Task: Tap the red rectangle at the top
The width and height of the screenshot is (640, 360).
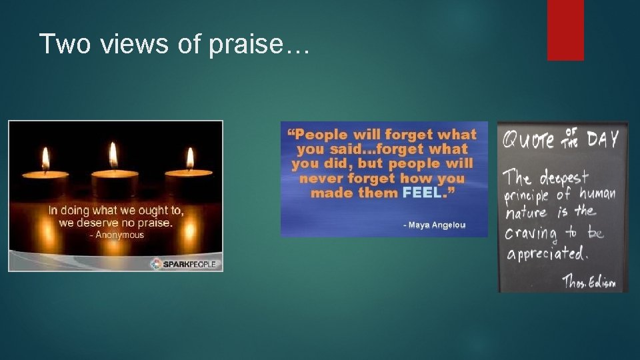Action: (565, 29)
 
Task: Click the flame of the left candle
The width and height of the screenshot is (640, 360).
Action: (45, 160)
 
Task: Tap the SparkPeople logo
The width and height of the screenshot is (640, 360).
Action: (185, 264)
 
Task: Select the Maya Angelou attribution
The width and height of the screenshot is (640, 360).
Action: (434, 225)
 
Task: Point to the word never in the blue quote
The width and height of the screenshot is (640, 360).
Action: (321, 179)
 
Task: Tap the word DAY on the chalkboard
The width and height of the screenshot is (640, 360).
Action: (603, 139)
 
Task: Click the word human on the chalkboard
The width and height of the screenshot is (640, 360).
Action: (597, 195)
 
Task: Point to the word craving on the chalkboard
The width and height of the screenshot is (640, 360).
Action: (531, 233)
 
